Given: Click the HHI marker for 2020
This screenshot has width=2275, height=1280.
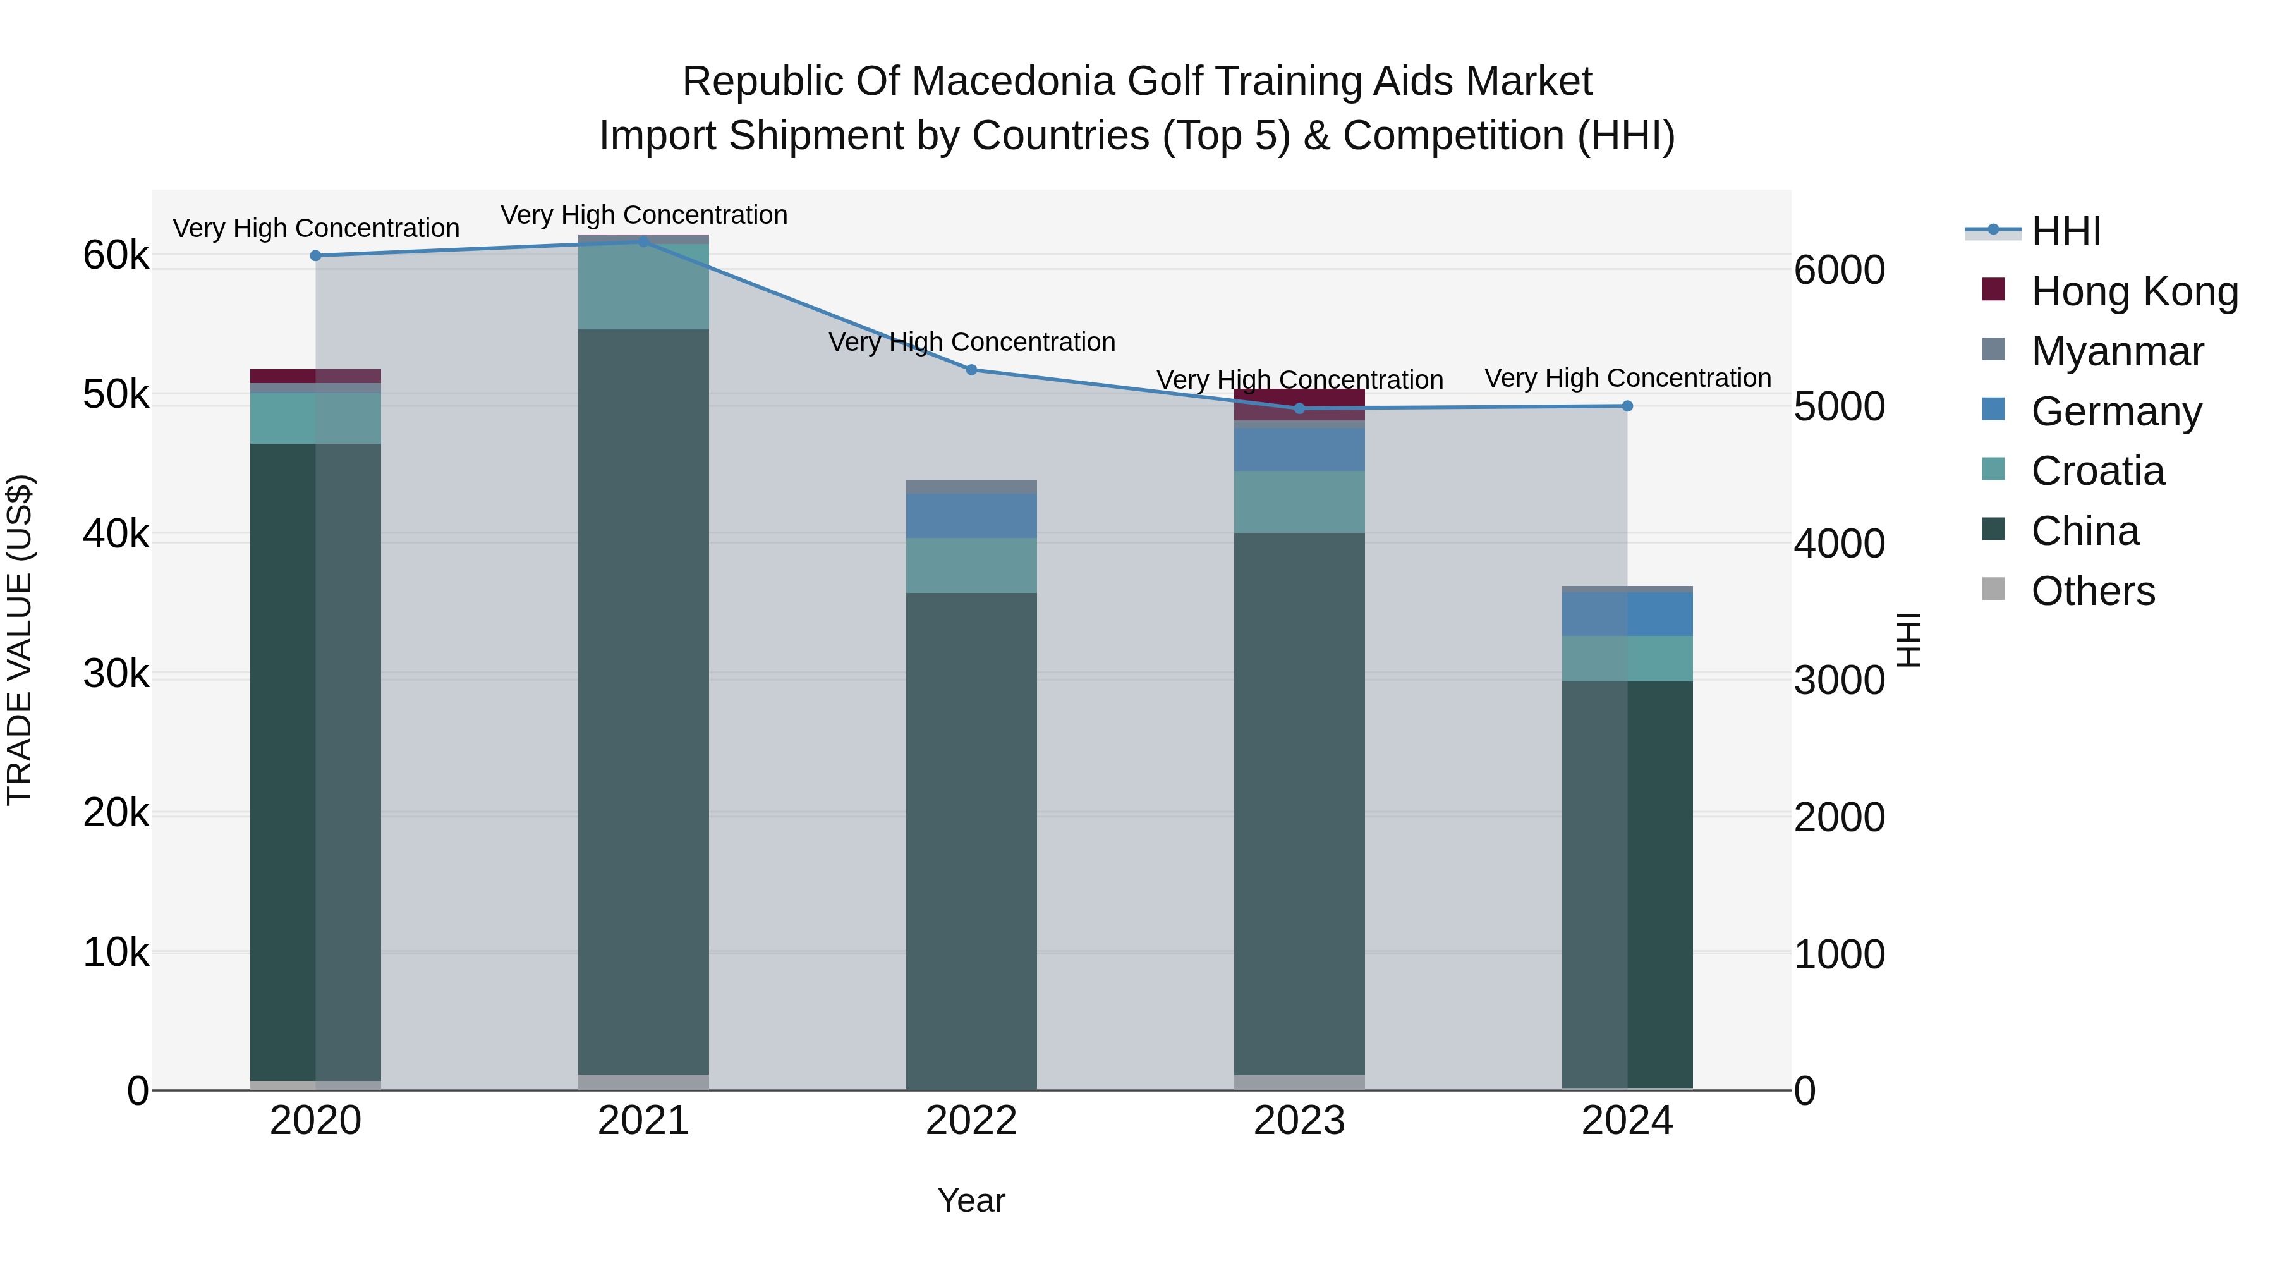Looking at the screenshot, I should click(x=315, y=255).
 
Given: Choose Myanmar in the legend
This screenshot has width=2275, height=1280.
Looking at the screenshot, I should click(x=2117, y=351).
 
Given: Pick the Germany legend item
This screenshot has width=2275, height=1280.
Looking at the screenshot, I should click(x=2116, y=411).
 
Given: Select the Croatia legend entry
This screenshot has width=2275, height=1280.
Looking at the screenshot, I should click(x=2097, y=471).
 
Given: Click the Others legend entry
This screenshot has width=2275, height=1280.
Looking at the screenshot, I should click(x=2092, y=591).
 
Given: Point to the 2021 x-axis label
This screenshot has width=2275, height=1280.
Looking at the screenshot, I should click(x=643, y=1121).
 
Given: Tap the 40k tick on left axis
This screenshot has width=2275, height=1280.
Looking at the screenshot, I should click(x=116, y=533).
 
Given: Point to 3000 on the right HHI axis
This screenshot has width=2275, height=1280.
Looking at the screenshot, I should click(x=1840, y=680).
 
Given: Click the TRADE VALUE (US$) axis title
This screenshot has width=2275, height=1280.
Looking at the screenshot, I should click(x=20, y=640).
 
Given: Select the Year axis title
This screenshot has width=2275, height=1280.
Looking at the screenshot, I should click(x=971, y=1200).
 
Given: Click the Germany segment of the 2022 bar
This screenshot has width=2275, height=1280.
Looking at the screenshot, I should click(x=971, y=516).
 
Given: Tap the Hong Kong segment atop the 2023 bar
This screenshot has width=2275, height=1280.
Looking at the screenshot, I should click(x=1299, y=404).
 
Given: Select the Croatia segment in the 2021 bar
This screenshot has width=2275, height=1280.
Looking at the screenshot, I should click(x=643, y=287).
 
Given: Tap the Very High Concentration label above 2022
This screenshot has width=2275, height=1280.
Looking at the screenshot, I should click(x=971, y=342).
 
